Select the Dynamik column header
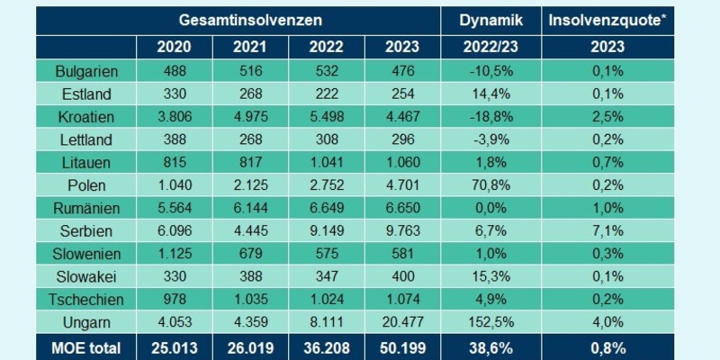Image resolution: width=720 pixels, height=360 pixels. (490, 19)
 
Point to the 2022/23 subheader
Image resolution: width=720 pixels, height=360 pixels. (490, 47)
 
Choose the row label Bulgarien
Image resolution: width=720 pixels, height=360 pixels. (87, 70)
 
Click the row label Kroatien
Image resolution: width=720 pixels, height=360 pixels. (87, 114)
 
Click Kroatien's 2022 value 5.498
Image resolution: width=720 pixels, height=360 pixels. (325, 114)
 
